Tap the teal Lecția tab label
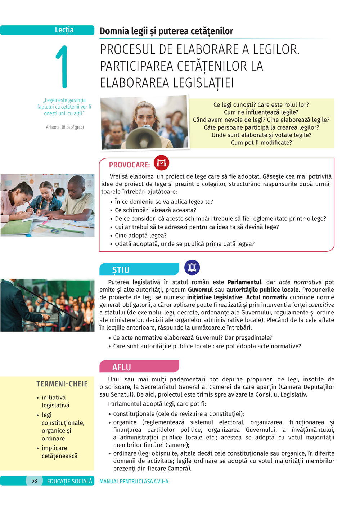click(64, 30)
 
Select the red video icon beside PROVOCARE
click(161, 163)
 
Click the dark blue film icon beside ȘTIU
click(192, 267)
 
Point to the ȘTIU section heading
click(121, 270)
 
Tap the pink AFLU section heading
click(122, 367)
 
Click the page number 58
click(34, 481)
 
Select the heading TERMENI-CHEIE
click(62, 384)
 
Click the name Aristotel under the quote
click(53, 127)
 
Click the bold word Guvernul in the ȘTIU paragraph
click(200, 290)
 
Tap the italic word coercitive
click(321, 305)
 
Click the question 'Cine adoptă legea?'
click(141, 235)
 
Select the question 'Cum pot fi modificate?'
click(261, 143)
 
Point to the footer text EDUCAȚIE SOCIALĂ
click(69, 481)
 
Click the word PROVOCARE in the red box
click(129, 165)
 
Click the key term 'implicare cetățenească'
click(59, 452)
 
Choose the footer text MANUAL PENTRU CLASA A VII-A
click(134, 481)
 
